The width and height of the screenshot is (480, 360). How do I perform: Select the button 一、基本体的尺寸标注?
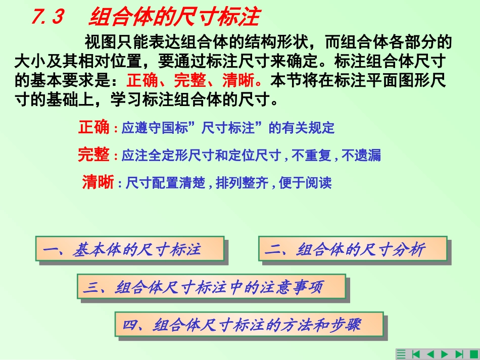tap(130, 249)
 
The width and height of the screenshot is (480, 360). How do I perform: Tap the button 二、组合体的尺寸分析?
tap(352, 249)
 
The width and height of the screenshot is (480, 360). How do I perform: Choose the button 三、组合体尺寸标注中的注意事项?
tap(211, 288)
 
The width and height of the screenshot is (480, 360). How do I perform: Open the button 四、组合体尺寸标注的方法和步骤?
tap(249, 325)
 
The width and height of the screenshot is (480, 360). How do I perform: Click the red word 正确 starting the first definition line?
tap(93, 128)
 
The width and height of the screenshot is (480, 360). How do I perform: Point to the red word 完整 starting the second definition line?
tap(93, 155)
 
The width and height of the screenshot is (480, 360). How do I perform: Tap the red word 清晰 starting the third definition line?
tap(98, 182)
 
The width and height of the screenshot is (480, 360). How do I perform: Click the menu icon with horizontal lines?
tap(402, 354)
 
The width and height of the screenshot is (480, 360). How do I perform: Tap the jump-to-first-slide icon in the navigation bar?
tap(416, 354)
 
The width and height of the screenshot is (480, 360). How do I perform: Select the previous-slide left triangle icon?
tap(430, 354)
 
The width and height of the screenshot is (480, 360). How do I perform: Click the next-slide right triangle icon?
tap(445, 354)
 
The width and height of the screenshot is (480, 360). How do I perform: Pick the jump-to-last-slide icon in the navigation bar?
tap(459, 354)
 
